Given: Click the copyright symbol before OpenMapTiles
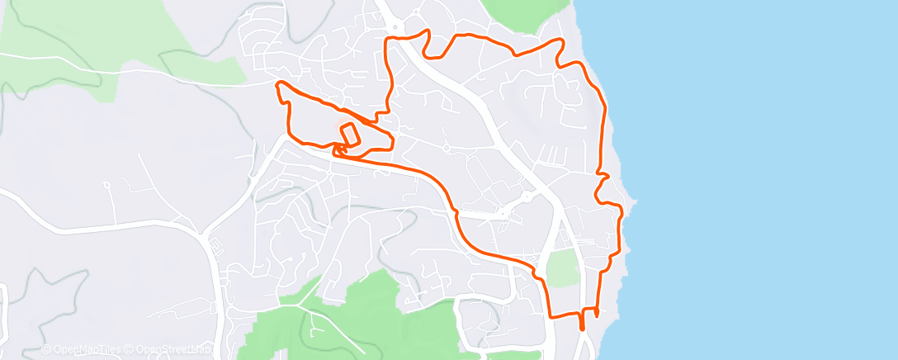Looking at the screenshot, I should (46, 349).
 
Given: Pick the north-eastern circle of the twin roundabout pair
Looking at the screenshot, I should (524, 198).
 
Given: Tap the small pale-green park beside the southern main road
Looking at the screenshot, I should (562, 268).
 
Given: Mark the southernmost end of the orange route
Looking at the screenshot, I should (582, 328).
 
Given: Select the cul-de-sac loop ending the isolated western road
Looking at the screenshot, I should (106, 185).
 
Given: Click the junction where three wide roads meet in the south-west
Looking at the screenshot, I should (205, 232).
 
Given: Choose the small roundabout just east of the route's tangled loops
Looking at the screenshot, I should (446, 149).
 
